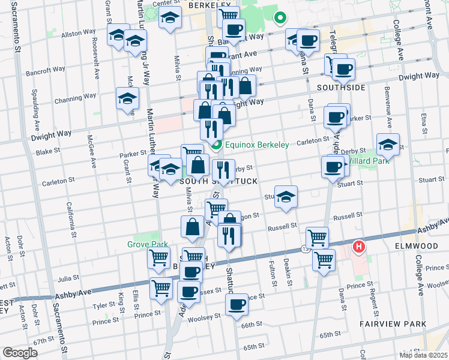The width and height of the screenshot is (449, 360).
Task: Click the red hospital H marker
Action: pyautogui.click(x=359, y=246)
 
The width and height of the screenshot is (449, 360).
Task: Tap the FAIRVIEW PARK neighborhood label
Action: pyautogui.click(x=393, y=324)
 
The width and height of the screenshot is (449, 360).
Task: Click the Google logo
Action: pyautogui.click(x=20, y=353)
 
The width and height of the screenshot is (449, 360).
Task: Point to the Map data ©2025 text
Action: pyautogui.click(x=423, y=355)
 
